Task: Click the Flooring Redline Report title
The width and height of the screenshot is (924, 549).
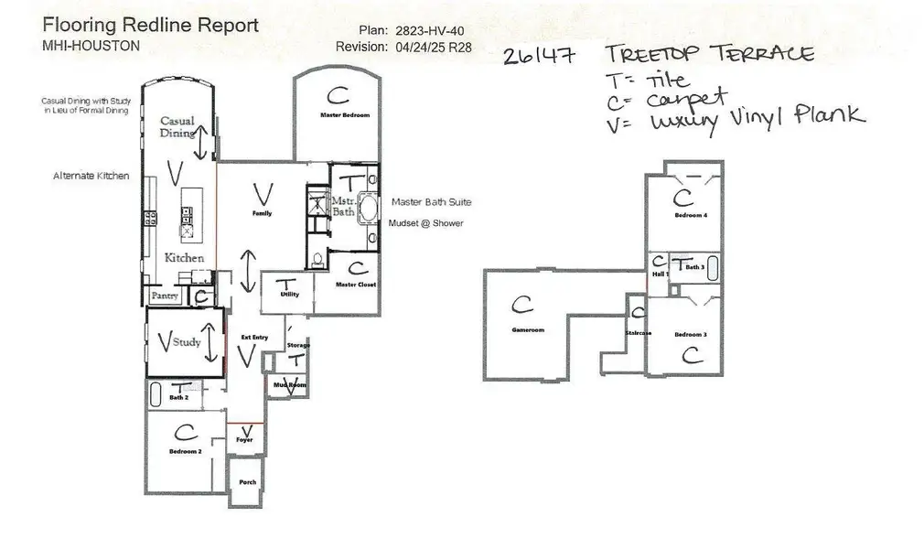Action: pos(151,25)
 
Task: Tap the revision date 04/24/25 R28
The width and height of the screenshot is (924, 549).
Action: pos(429,47)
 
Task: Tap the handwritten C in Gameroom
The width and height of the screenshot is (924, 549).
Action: pos(522,304)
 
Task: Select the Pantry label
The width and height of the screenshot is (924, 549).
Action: pos(165,296)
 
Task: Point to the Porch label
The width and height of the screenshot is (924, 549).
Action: pos(247,482)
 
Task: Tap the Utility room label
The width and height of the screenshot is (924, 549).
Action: pos(290,296)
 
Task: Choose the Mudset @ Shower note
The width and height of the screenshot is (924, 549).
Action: pos(425,223)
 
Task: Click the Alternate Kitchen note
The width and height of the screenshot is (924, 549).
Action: pos(91,175)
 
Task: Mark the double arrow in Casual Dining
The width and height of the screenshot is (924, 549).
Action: pos(203,143)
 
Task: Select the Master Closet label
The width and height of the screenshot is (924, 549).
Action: pos(355,285)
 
